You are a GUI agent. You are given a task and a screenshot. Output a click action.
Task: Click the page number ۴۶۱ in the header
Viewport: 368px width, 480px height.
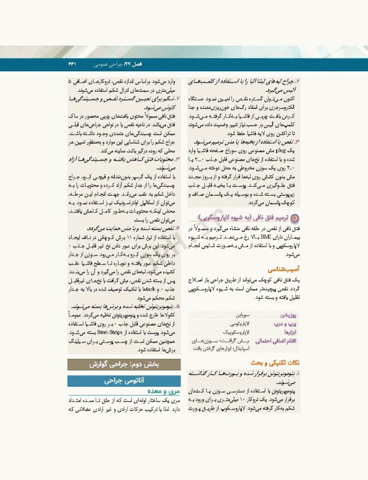[71, 64]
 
